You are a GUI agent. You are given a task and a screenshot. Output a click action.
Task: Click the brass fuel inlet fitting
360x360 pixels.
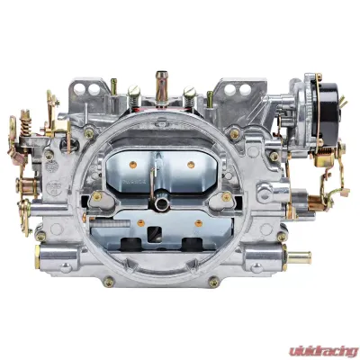(300, 257)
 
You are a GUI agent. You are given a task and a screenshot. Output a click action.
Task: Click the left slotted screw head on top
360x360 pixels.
(134, 89)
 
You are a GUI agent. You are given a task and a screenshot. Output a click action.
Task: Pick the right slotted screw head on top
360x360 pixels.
(190, 91)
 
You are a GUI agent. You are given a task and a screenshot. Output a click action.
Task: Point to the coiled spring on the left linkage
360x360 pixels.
(26, 121)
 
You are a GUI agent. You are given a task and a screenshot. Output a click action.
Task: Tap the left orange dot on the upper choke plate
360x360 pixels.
(132, 165)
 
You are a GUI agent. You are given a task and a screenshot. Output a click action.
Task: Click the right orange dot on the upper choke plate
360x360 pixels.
(191, 165)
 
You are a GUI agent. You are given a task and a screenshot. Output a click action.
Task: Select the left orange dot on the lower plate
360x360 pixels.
(140, 223)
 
